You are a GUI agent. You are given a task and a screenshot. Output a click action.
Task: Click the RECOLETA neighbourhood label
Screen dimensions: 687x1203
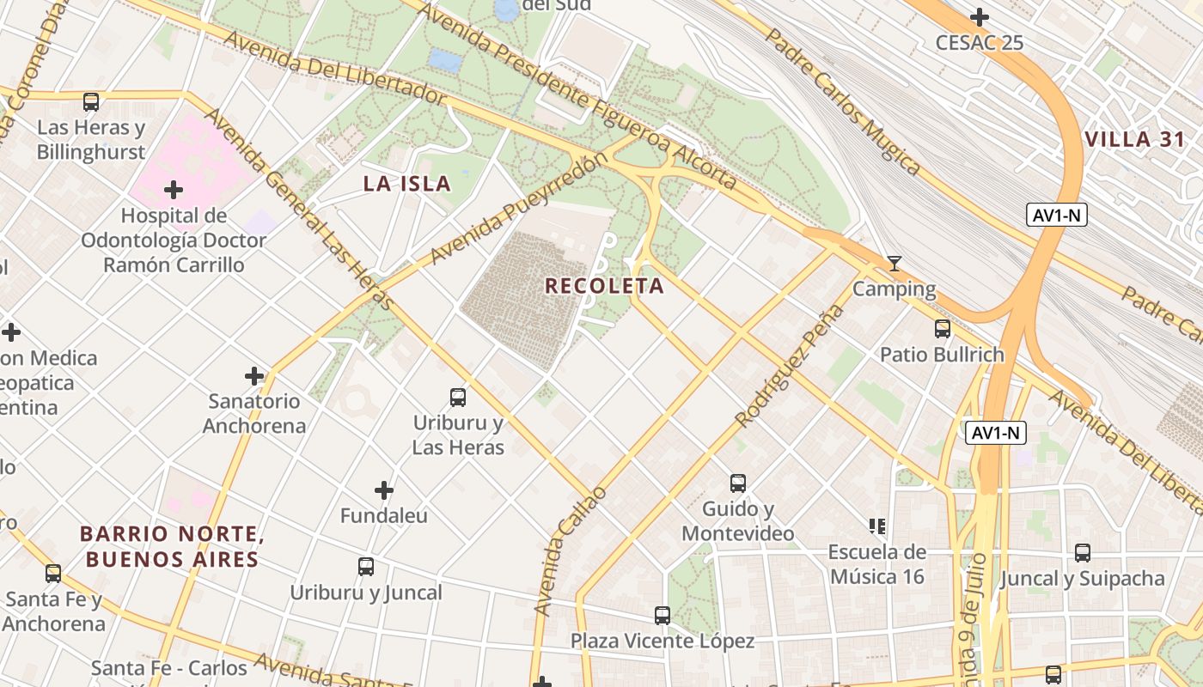coord(604,286)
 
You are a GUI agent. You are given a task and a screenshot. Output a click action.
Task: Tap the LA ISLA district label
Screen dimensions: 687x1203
coord(406,183)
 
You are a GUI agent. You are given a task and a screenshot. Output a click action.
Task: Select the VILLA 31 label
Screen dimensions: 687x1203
coord(1134,140)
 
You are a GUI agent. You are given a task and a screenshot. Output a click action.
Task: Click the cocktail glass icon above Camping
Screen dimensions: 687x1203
coord(895,264)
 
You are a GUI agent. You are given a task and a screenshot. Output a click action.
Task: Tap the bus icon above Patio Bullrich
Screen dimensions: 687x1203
coord(942,329)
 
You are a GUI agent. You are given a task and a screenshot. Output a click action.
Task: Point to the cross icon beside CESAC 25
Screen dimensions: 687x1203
coord(979,17)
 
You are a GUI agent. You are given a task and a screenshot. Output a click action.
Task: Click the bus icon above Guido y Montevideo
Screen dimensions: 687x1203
coord(737,483)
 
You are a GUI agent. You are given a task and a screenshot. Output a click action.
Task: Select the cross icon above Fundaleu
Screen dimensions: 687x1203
coord(384,490)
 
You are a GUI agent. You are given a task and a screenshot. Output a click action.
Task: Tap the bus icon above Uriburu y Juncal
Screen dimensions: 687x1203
coord(366,567)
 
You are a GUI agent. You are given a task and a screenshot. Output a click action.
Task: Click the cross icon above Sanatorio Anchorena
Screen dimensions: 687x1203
coord(254,375)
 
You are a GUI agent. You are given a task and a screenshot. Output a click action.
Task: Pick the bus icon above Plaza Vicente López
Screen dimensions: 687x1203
coord(662,616)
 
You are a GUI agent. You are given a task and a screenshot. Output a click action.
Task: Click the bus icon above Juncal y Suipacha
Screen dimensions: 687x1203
coord(1083,553)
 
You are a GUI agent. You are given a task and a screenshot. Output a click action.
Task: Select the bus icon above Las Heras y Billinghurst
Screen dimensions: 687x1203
coord(91,102)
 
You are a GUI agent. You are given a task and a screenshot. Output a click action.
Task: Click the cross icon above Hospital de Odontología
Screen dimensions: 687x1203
coord(174,189)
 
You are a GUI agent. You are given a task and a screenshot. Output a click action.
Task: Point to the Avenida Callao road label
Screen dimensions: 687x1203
coord(570,551)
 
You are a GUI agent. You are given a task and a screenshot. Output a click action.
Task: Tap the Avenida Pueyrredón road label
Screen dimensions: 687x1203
coord(513,210)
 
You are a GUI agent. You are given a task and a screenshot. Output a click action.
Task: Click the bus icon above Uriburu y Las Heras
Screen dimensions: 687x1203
coord(458,398)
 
